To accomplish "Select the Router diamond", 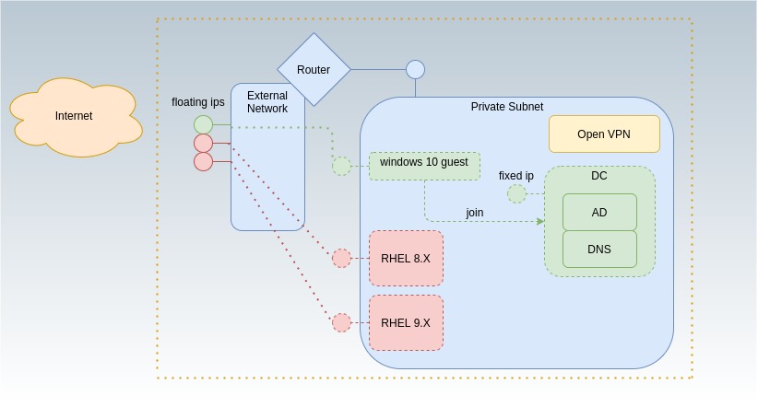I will click(314, 70).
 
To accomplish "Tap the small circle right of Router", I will click(415, 69).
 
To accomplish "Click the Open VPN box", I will click(604, 134).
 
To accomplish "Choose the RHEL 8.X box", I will click(406, 259).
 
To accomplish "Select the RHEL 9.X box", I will click(406, 323).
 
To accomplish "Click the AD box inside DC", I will click(599, 213).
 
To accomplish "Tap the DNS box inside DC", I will click(599, 250).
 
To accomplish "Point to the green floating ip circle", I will click(203, 125).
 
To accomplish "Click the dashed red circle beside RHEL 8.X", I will click(341, 259).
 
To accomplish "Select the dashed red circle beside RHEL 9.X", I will click(341, 323).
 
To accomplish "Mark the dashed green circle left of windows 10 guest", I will click(341, 167).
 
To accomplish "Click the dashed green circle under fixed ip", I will click(516, 194).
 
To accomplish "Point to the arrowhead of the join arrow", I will click(540, 221).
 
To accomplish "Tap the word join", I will click(474, 213).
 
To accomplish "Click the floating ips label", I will click(198, 102).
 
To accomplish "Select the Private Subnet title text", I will click(506, 107).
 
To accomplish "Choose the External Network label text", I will click(267, 102).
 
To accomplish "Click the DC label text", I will click(599, 176).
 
